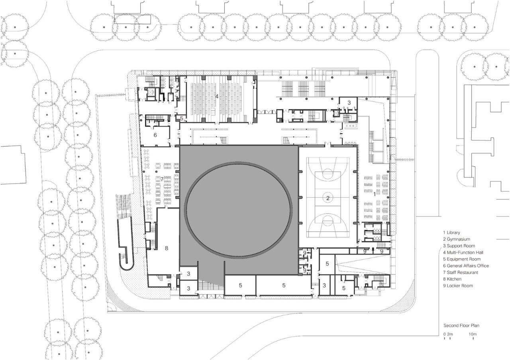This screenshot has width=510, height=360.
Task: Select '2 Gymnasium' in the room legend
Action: pos(456,239)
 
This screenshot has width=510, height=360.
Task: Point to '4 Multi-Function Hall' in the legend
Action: pos(463,252)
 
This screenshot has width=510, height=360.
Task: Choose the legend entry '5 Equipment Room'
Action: pos(461,259)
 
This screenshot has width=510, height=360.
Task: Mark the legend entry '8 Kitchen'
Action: pos(452,279)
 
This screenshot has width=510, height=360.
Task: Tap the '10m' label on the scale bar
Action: pos(473,334)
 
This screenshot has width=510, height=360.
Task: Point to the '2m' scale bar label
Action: pos(450,334)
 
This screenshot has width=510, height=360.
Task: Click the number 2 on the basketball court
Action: pos(328,198)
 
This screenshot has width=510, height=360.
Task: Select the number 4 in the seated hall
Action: pos(217,96)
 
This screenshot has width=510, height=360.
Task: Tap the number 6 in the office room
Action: pos(155,135)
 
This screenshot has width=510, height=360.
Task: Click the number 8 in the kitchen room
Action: pos(166,248)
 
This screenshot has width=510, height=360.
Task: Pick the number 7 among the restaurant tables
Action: pos(162,179)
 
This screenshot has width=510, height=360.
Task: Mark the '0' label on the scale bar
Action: pos(444,334)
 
